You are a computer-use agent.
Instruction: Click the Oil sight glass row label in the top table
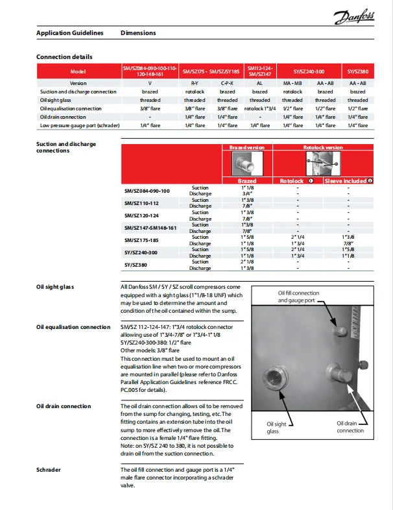tap(55, 100)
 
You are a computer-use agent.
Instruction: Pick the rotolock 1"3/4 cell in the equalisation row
tap(260, 108)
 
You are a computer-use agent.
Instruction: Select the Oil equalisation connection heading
tap(73, 327)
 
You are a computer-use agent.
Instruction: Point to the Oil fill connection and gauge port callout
tap(298, 297)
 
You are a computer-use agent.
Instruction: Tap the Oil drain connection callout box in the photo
tap(350, 426)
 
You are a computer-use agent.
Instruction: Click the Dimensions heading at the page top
tap(138, 32)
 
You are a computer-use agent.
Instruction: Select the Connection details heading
tap(64, 57)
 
